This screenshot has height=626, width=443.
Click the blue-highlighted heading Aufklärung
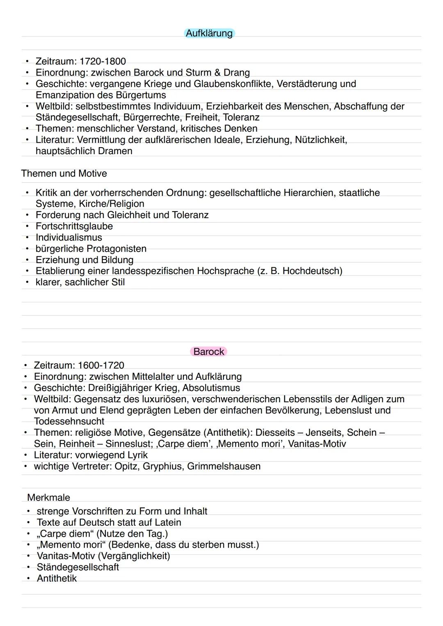coord(209,33)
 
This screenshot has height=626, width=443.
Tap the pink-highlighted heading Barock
coord(209,352)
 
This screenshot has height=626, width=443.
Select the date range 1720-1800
coord(103,61)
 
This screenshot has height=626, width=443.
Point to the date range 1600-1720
coord(101,365)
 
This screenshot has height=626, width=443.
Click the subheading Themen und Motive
coord(64,173)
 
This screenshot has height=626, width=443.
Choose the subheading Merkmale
coord(48,498)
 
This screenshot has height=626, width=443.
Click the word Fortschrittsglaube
coord(74,226)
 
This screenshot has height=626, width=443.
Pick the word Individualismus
coord(69,237)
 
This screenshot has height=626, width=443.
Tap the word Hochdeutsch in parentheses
coord(311,271)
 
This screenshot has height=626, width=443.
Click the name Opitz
coord(126,467)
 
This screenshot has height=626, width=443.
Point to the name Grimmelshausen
coord(224,467)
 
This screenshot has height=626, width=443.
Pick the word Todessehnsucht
coord(69,421)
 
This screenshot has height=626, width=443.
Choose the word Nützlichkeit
coord(321,140)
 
